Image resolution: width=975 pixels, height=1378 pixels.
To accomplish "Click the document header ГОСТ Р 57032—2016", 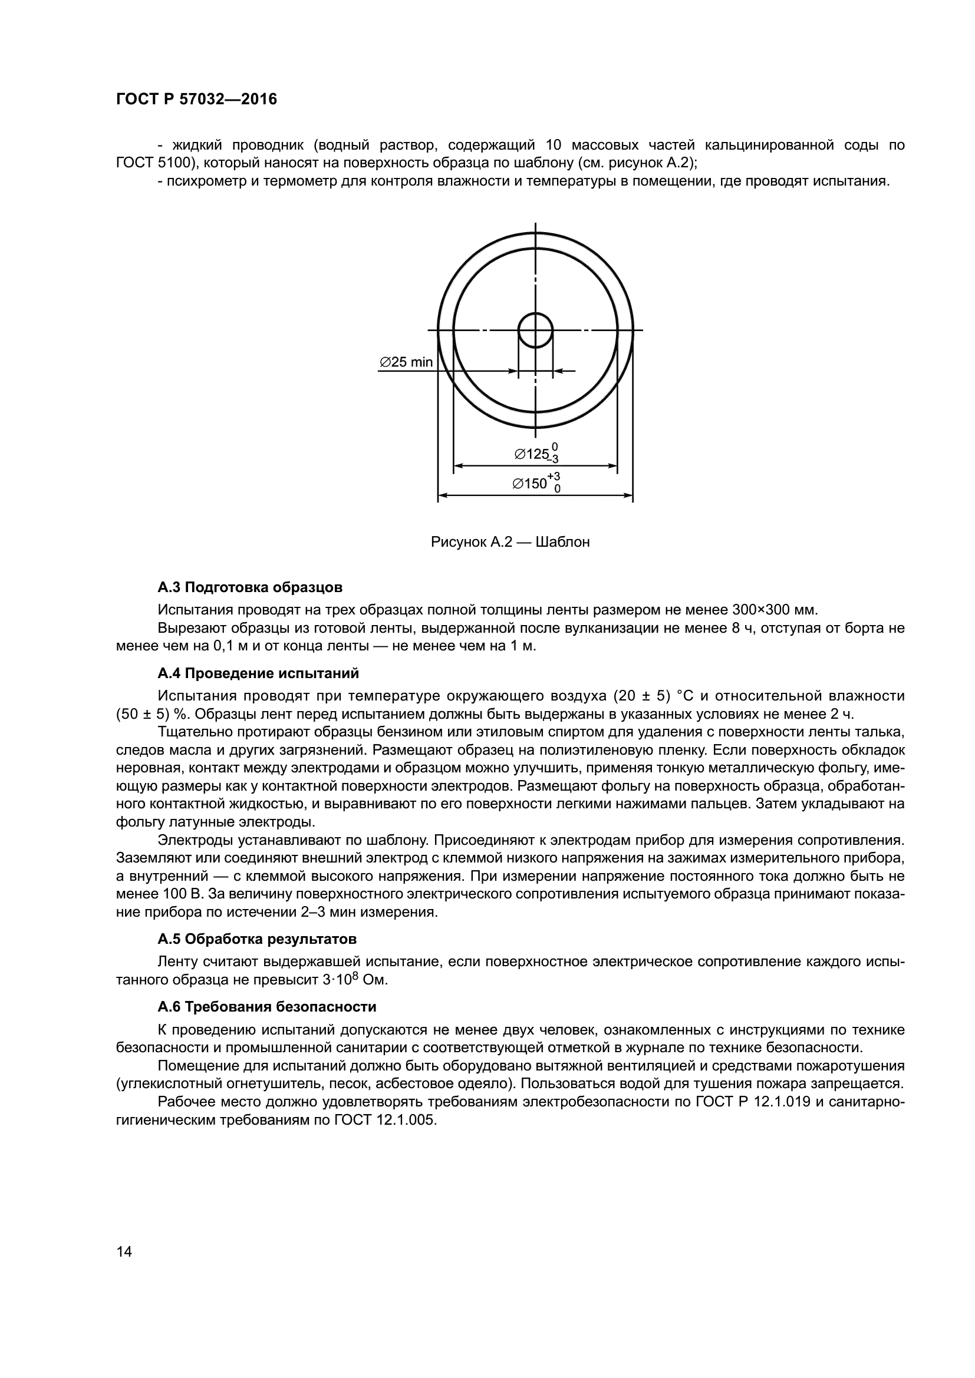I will click(196, 100).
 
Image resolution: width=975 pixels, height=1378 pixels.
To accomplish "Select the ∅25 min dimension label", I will click(406, 362).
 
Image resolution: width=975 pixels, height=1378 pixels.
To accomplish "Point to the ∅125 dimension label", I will click(535, 454).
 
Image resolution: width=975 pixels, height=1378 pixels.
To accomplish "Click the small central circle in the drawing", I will click(535, 330).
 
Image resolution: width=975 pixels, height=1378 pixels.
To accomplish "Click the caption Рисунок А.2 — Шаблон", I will click(510, 542).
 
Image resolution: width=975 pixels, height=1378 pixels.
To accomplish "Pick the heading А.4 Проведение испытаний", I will click(258, 673).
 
